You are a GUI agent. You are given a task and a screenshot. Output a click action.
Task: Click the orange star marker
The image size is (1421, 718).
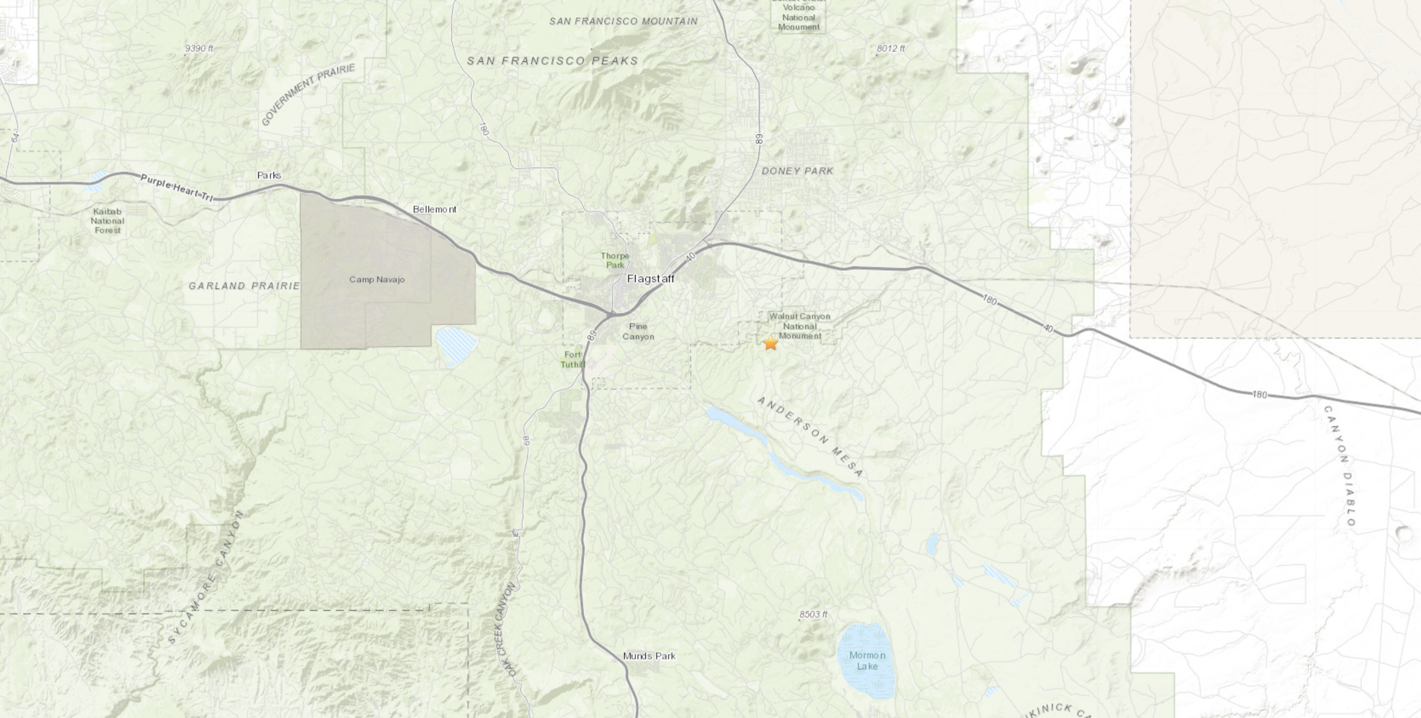point(770,343)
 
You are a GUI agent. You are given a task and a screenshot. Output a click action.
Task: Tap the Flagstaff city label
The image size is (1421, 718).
point(650,279)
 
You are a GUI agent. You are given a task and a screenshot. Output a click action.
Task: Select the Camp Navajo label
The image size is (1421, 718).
point(377,279)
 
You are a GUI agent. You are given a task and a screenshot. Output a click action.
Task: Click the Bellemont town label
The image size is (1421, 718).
point(434,209)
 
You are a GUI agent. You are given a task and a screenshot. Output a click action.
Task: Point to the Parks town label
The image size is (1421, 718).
point(269,175)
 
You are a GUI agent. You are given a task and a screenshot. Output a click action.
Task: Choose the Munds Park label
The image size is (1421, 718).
point(649,656)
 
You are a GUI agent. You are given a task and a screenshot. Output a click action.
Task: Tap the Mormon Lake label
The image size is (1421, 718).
point(867,661)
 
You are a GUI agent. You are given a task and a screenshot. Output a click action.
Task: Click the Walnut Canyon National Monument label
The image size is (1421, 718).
point(799,325)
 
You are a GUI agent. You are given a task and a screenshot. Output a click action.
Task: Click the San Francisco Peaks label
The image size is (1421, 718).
point(552,61)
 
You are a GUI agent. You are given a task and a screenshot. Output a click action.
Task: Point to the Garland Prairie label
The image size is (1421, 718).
point(244,286)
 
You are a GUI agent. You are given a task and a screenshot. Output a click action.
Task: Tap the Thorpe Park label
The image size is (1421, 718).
point(615,260)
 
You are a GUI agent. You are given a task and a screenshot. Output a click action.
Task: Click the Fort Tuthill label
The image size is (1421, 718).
point(573,359)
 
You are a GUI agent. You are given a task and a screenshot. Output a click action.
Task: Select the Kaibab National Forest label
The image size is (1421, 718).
point(108,221)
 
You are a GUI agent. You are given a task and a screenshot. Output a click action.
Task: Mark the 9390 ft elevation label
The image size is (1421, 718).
point(199,48)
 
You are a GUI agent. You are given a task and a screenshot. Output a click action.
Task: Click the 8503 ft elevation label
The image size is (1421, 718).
point(814,614)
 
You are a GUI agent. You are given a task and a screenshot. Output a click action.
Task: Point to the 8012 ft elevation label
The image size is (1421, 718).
point(890,48)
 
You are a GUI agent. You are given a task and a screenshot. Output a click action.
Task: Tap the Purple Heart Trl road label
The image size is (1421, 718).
point(177,188)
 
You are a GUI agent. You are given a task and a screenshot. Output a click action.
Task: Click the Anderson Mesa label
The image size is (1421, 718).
point(810,436)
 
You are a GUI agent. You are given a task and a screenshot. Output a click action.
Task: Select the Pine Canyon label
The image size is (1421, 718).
point(638,331)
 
